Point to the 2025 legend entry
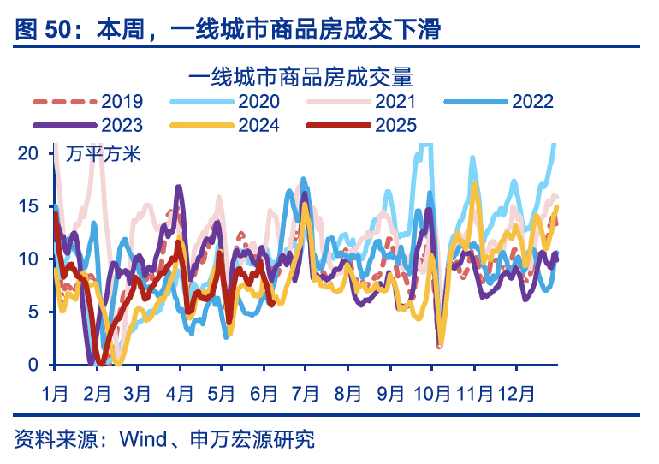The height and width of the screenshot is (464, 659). tap(395, 126)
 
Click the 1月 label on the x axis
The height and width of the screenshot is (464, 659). tap(56, 394)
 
